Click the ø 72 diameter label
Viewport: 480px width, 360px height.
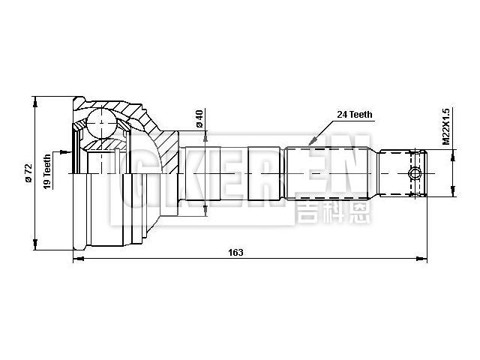click(28, 174)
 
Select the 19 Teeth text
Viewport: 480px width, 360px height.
click(47, 172)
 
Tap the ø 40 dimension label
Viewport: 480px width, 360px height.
click(199, 118)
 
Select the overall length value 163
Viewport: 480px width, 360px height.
click(235, 253)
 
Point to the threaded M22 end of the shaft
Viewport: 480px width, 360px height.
click(402, 174)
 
